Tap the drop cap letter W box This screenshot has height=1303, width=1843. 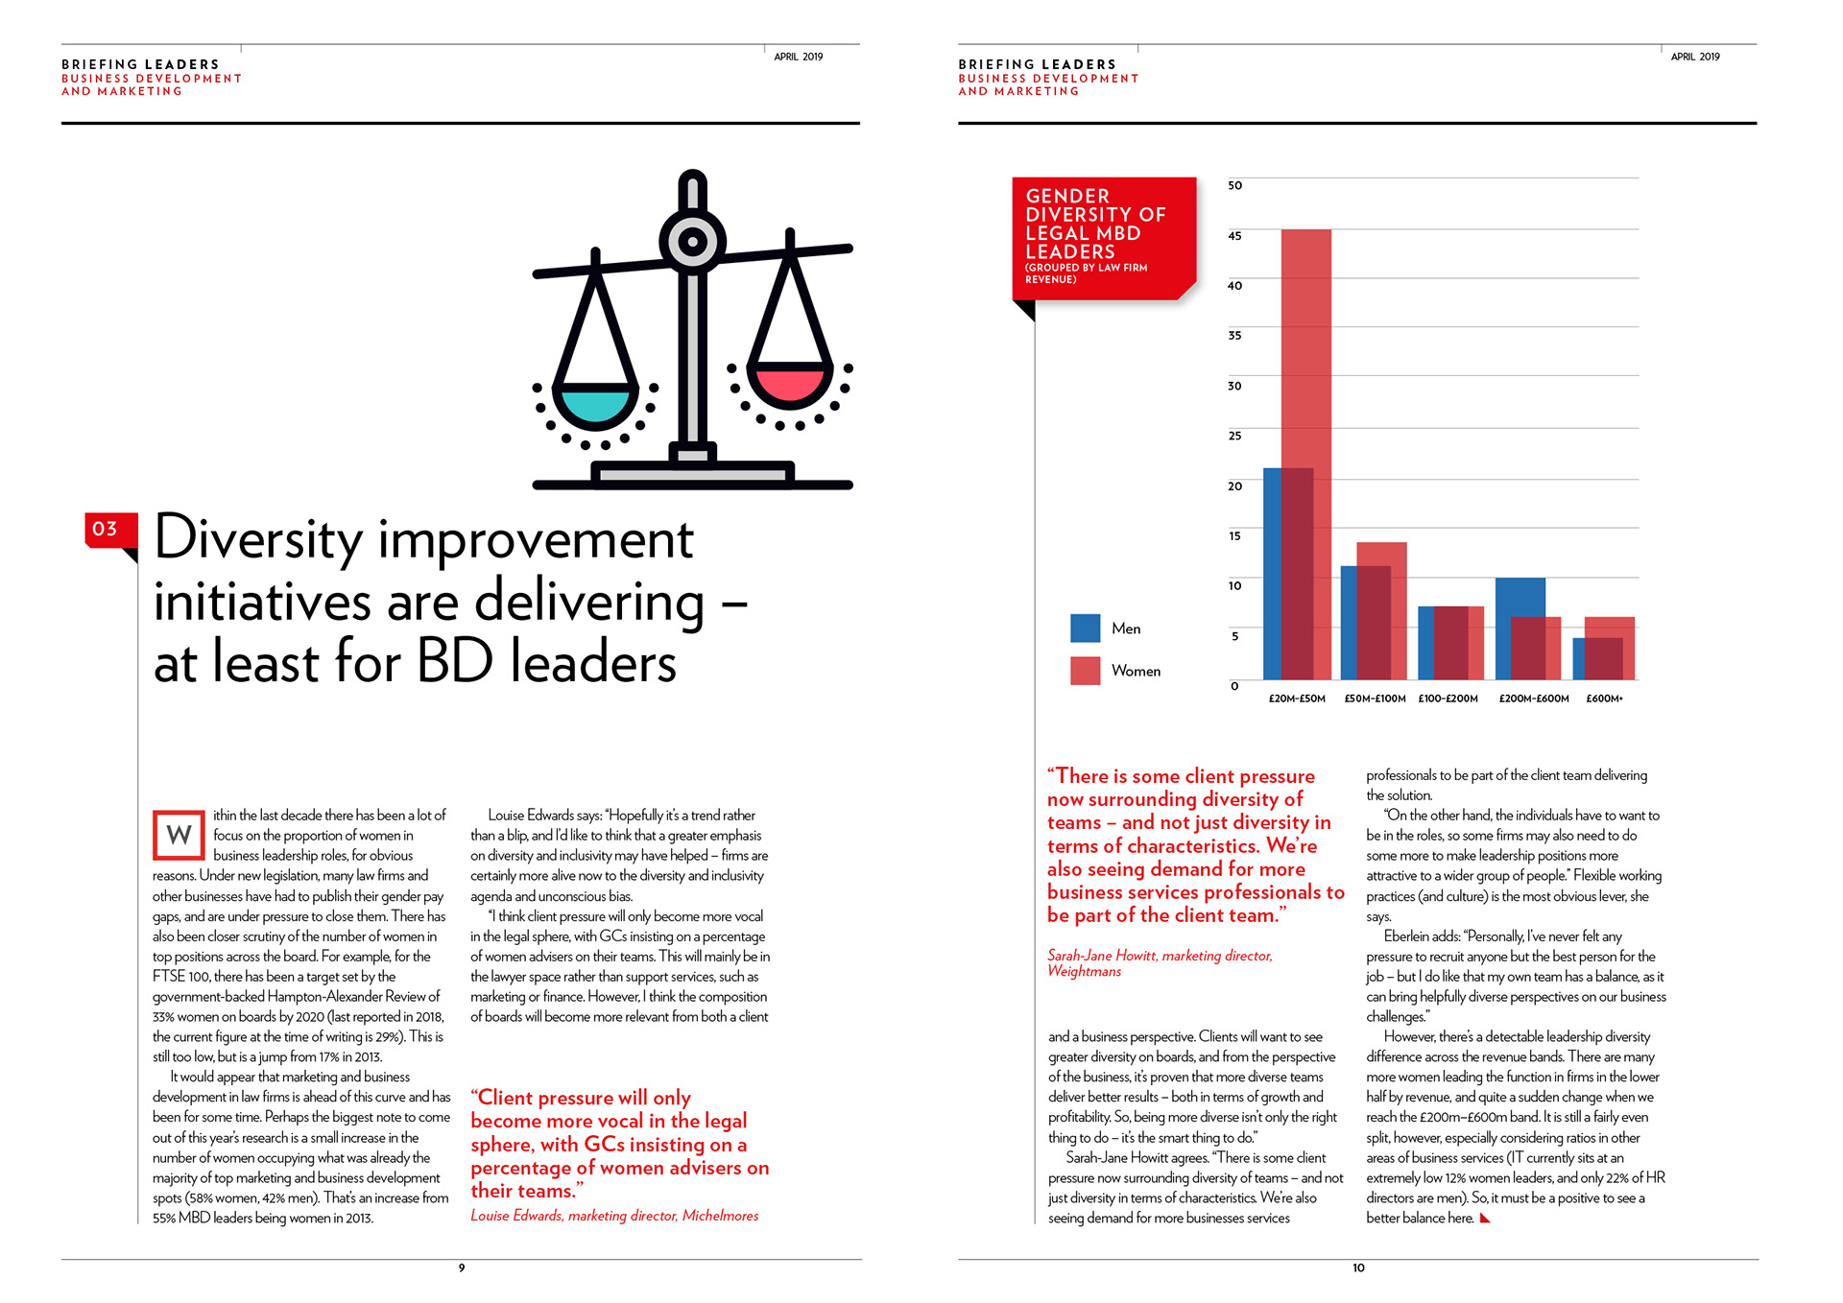(179, 835)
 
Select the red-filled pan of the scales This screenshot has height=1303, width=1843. (789, 383)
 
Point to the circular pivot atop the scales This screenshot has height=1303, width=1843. (692, 242)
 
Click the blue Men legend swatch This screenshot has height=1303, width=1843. (1085, 628)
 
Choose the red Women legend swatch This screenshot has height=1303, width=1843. (1085, 671)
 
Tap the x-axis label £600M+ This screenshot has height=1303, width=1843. (1604, 699)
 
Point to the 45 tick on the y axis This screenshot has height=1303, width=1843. (1234, 236)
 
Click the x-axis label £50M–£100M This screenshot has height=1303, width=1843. (1375, 699)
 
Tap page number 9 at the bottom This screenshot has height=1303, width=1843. (462, 1268)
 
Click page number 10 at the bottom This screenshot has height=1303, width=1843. (1358, 1268)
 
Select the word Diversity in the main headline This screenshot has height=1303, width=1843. (259, 539)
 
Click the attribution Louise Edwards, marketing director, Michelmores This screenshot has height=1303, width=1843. (614, 1216)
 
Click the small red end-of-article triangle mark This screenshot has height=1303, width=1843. (1485, 1219)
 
